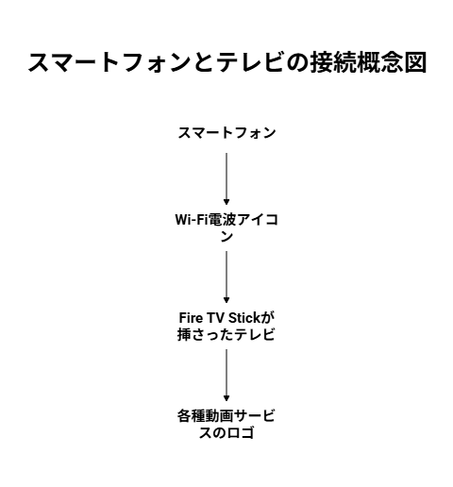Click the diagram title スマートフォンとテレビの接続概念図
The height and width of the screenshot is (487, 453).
[x=227, y=62]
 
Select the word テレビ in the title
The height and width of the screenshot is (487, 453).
[x=249, y=62]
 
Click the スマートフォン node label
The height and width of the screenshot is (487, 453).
[x=226, y=132]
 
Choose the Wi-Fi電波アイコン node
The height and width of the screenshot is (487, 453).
[x=226, y=227]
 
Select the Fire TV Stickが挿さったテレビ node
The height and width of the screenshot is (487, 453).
[x=226, y=326]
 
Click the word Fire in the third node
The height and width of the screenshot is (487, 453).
[x=191, y=318]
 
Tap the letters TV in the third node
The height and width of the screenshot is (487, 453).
[x=215, y=318]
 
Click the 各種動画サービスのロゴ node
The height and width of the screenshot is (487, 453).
[x=226, y=424]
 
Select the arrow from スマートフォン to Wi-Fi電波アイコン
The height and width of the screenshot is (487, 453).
[x=226, y=179]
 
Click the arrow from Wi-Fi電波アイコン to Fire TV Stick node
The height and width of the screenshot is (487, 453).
[x=226, y=277]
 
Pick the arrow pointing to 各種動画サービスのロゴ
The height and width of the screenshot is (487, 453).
[x=226, y=376]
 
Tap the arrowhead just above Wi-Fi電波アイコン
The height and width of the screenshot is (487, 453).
[x=226, y=202]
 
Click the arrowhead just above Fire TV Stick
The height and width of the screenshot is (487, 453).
[x=226, y=300]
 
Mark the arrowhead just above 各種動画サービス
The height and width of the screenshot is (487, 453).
[x=226, y=398]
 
